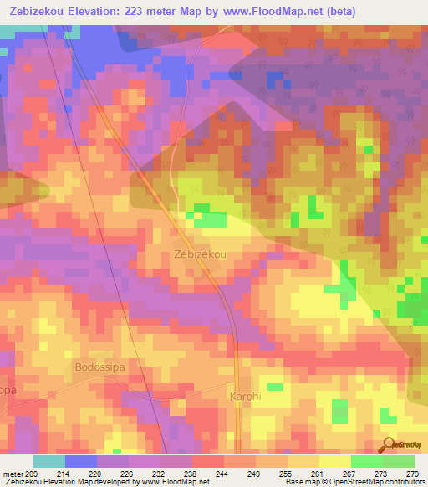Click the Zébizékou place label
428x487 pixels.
click(201, 254)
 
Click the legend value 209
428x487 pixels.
click(37, 474)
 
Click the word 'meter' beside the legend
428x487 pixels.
click(13, 474)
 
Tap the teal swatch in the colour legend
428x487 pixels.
click(49, 461)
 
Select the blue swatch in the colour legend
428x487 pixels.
click(81, 461)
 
